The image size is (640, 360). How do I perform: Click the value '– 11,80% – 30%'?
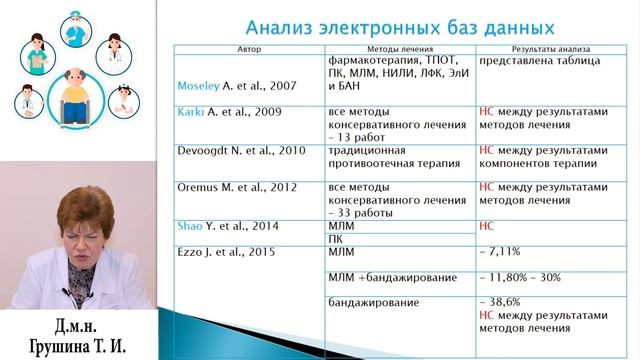524,277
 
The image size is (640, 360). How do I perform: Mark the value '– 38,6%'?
503,301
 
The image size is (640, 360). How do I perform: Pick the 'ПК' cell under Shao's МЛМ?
336,240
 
